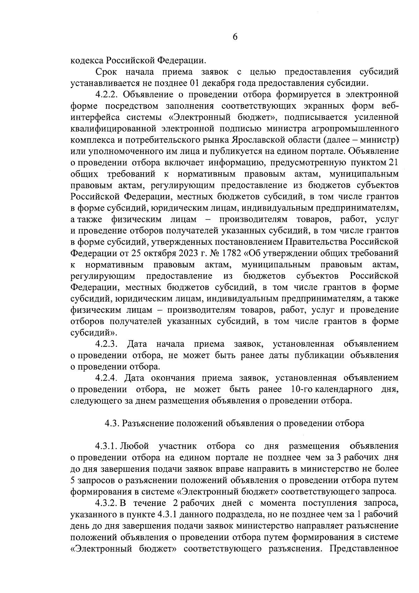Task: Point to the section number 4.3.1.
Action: (106, 446)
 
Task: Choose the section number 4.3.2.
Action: (106, 503)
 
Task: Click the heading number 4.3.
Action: (112, 424)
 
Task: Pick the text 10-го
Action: (301, 389)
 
